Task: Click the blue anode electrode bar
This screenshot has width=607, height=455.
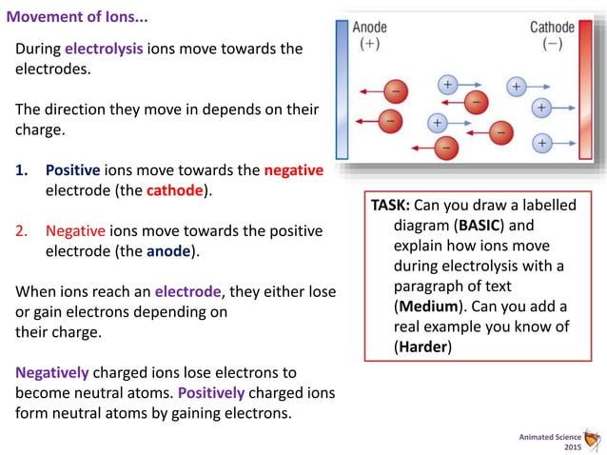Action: [343, 90]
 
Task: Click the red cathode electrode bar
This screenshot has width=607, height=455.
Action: [584, 90]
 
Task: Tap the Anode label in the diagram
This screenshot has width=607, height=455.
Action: [369, 28]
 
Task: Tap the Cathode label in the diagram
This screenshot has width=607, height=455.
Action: [552, 28]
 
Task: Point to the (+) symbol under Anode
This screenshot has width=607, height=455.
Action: [369, 45]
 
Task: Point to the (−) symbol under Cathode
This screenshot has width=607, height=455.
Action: [552, 45]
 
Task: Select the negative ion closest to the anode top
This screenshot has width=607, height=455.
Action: [397, 92]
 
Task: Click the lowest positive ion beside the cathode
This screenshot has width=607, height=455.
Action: [540, 143]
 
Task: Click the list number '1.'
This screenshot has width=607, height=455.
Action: [22, 170]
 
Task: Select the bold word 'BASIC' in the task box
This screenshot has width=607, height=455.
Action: [489, 227]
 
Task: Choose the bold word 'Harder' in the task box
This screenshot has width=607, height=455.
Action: [421, 347]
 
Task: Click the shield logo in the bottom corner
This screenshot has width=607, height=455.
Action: [595, 440]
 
